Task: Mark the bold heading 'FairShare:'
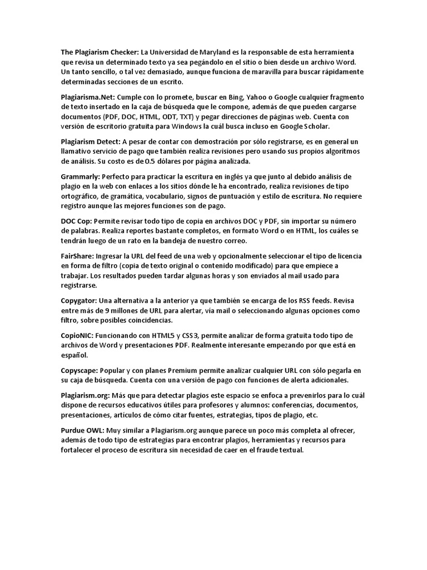click(77, 255)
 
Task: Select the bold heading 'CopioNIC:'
click(78, 336)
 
